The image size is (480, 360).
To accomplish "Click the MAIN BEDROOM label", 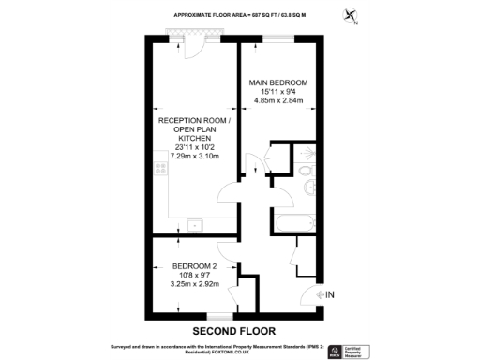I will [x=277, y=83].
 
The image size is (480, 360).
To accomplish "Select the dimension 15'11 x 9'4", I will [x=277, y=93].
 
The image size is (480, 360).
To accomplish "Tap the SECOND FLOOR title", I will [x=233, y=331].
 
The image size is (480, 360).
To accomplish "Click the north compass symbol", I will [x=351, y=16].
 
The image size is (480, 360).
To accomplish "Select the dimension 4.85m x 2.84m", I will [x=277, y=102].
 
